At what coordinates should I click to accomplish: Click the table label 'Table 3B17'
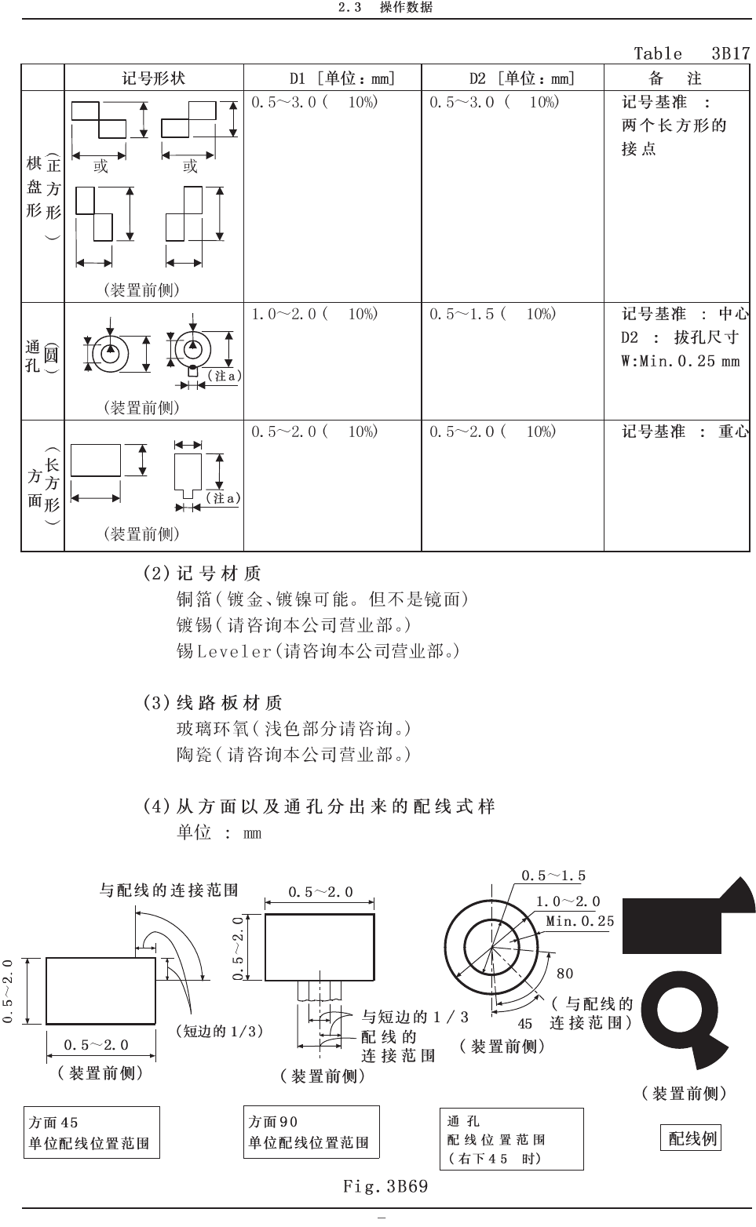[x=691, y=53]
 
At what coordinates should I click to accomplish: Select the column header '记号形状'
[x=154, y=78]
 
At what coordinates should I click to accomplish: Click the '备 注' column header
[x=675, y=78]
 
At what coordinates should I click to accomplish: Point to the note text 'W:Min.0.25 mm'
[x=680, y=362]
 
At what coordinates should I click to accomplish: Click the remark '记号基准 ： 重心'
[x=685, y=431]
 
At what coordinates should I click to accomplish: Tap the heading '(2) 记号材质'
[x=202, y=573]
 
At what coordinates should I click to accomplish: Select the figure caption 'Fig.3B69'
[x=385, y=1185]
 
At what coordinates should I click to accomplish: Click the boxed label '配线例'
[x=692, y=1138]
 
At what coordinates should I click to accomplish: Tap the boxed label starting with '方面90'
[x=311, y=1132]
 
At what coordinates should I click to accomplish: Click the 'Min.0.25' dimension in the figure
[x=580, y=921]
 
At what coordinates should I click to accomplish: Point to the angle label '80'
[x=565, y=974]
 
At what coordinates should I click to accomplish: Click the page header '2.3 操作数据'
[x=385, y=8]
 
